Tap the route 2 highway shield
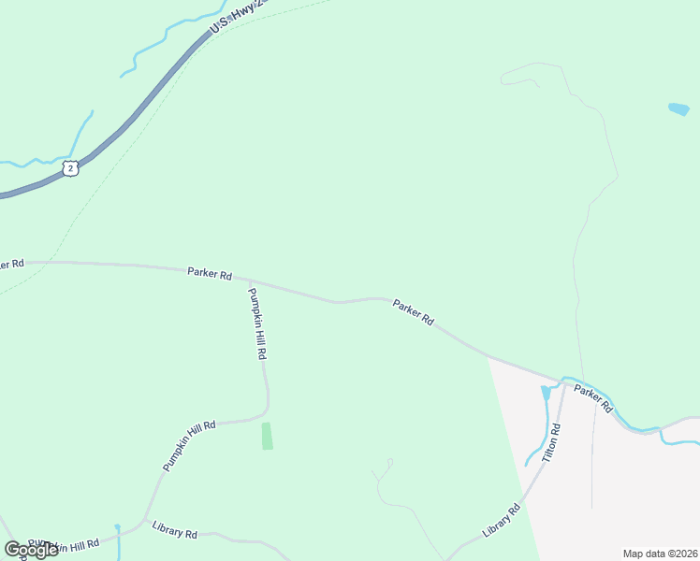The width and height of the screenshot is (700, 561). pos(70,168)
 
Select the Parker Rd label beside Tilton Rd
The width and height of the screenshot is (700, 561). pos(593,399)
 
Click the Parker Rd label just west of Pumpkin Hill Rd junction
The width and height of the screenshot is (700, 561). pos(209,274)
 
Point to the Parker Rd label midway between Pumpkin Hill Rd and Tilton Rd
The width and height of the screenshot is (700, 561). pos(413,312)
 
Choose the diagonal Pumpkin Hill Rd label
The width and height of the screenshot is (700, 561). pos(189,445)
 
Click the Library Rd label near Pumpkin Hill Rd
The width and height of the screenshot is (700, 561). pos(174,529)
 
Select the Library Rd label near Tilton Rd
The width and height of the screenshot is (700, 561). pos(501,521)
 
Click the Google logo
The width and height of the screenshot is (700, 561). pos(31,550)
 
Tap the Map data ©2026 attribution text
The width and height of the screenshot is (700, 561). pos(661,554)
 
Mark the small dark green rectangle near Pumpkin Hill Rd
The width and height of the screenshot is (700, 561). pos(267,436)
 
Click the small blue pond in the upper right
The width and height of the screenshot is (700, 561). pos(678,109)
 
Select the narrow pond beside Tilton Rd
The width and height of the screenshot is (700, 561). pos(546,394)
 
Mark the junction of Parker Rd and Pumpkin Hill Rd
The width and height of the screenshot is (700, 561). pos(247,280)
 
